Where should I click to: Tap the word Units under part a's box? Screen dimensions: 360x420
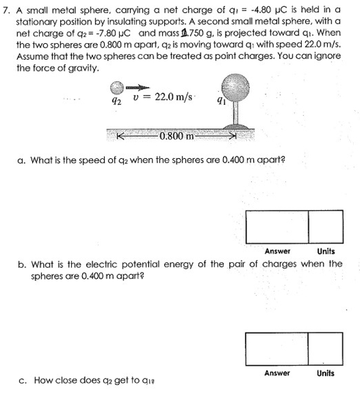[326, 251]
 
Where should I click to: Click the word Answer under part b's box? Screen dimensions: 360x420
[277, 373]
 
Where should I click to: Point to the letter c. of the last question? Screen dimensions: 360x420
[22, 381]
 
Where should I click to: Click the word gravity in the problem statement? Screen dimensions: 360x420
[81, 67]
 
